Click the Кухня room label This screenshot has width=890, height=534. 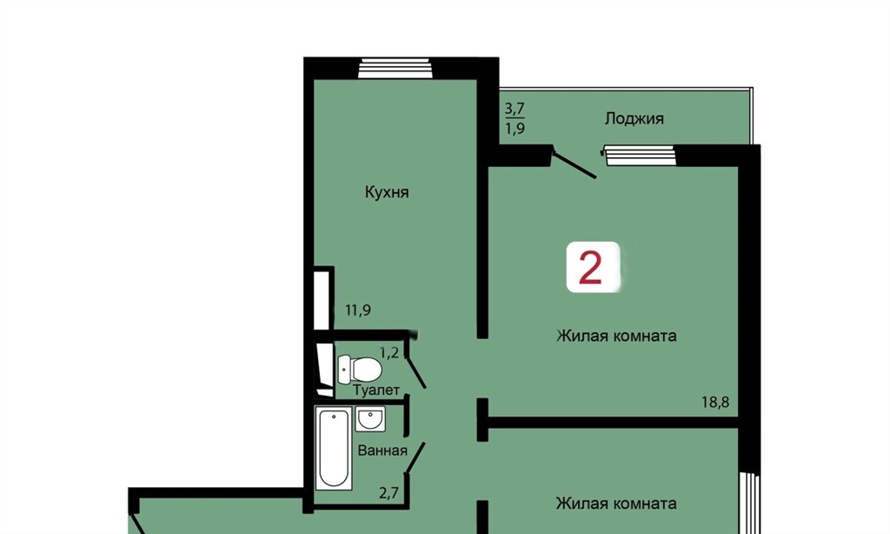[x=387, y=192]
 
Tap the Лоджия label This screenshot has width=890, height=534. [x=634, y=119]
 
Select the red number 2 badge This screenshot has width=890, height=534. [x=593, y=267]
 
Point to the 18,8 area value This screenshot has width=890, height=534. [x=715, y=402]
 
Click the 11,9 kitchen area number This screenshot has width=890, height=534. [x=358, y=310]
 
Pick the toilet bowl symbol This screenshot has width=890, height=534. [x=359, y=370]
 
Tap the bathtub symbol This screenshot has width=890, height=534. [x=334, y=448]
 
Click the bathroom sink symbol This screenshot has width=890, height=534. [x=370, y=419]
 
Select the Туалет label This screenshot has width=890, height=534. [x=376, y=390]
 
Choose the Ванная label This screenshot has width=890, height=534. [x=382, y=451]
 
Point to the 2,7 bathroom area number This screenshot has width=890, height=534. [x=389, y=492]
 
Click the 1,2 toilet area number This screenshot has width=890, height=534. [x=389, y=353]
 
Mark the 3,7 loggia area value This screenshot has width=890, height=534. [x=515, y=108]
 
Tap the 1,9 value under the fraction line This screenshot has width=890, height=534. [x=515, y=129]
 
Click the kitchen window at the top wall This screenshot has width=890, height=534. [x=395, y=68]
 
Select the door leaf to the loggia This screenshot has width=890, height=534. [x=575, y=164]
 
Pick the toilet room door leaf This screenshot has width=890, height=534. [x=416, y=372]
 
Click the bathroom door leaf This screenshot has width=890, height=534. [x=415, y=457]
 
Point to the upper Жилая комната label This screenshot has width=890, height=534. [x=616, y=336]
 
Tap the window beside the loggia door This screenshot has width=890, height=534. [x=641, y=156]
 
